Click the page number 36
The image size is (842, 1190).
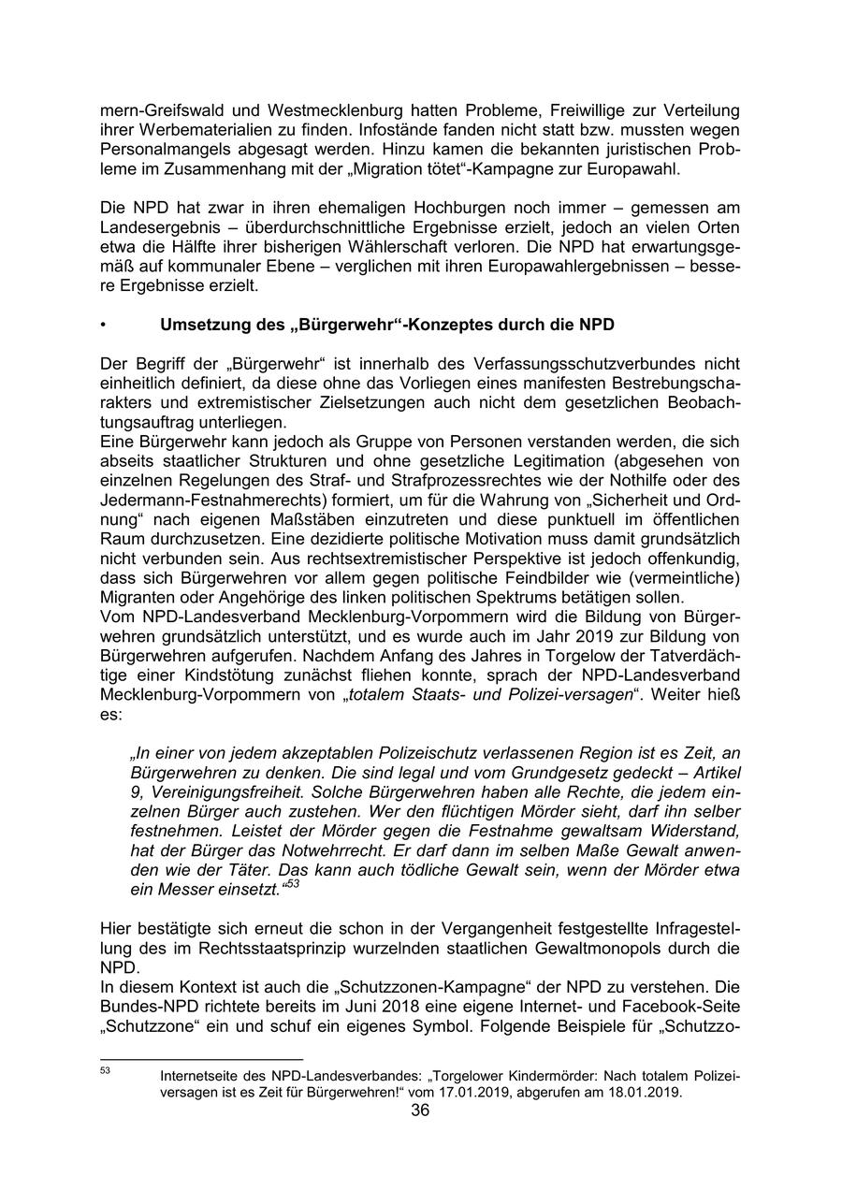(420, 1110)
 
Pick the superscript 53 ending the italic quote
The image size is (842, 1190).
(292, 883)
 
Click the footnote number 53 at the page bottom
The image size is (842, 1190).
(106, 1070)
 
